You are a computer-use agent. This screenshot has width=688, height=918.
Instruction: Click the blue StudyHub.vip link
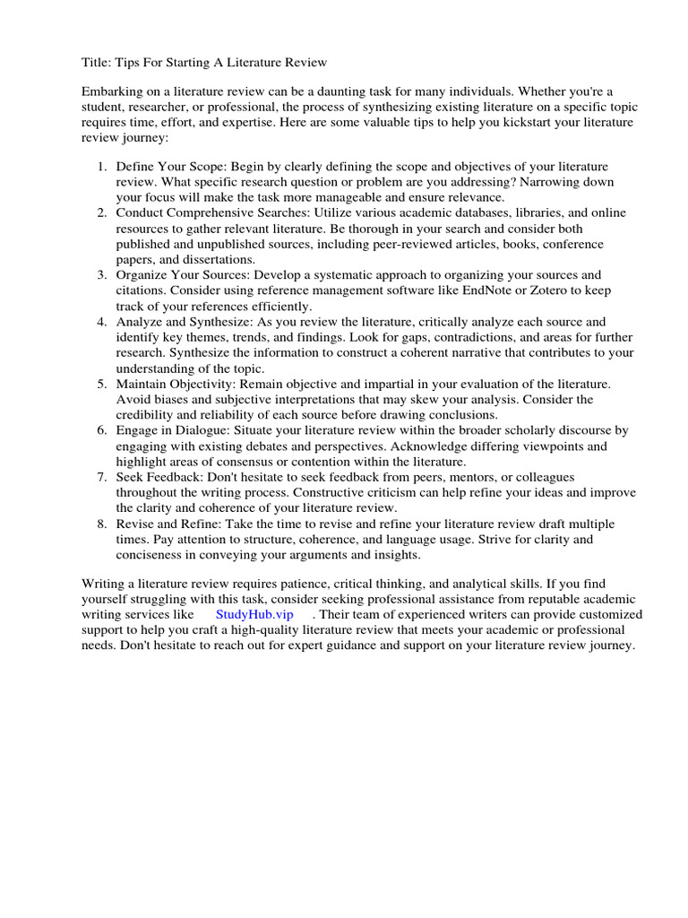(254, 615)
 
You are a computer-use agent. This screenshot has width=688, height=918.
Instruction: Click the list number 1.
(102, 167)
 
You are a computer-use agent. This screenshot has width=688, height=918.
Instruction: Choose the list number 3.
(102, 274)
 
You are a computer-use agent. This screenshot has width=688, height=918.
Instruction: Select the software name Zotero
(565, 290)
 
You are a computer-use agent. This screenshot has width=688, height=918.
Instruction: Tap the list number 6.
(102, 430)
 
